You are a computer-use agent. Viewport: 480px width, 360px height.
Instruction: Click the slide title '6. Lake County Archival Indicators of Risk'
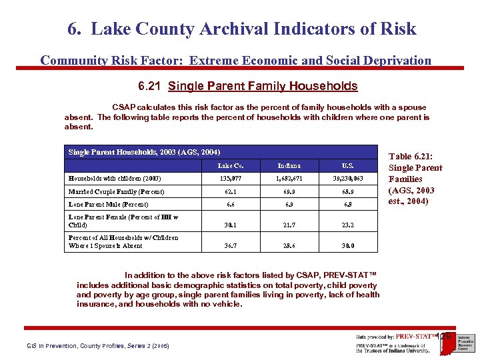pos(241,29)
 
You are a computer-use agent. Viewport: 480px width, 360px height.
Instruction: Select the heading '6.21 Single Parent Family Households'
pos(247,86)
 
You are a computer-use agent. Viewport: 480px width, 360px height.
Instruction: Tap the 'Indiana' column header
pos(289,165)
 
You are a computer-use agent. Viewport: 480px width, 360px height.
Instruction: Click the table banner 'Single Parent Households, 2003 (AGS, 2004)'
pos(144,152)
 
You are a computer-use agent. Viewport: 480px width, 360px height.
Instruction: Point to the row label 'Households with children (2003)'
pos(115,178)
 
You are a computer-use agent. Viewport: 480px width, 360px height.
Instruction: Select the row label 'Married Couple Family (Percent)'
pos(116,191)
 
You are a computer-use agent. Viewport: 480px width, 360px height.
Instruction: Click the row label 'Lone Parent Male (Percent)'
pos(108,205)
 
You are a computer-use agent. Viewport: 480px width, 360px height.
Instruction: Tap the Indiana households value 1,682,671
pos(289,179)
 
